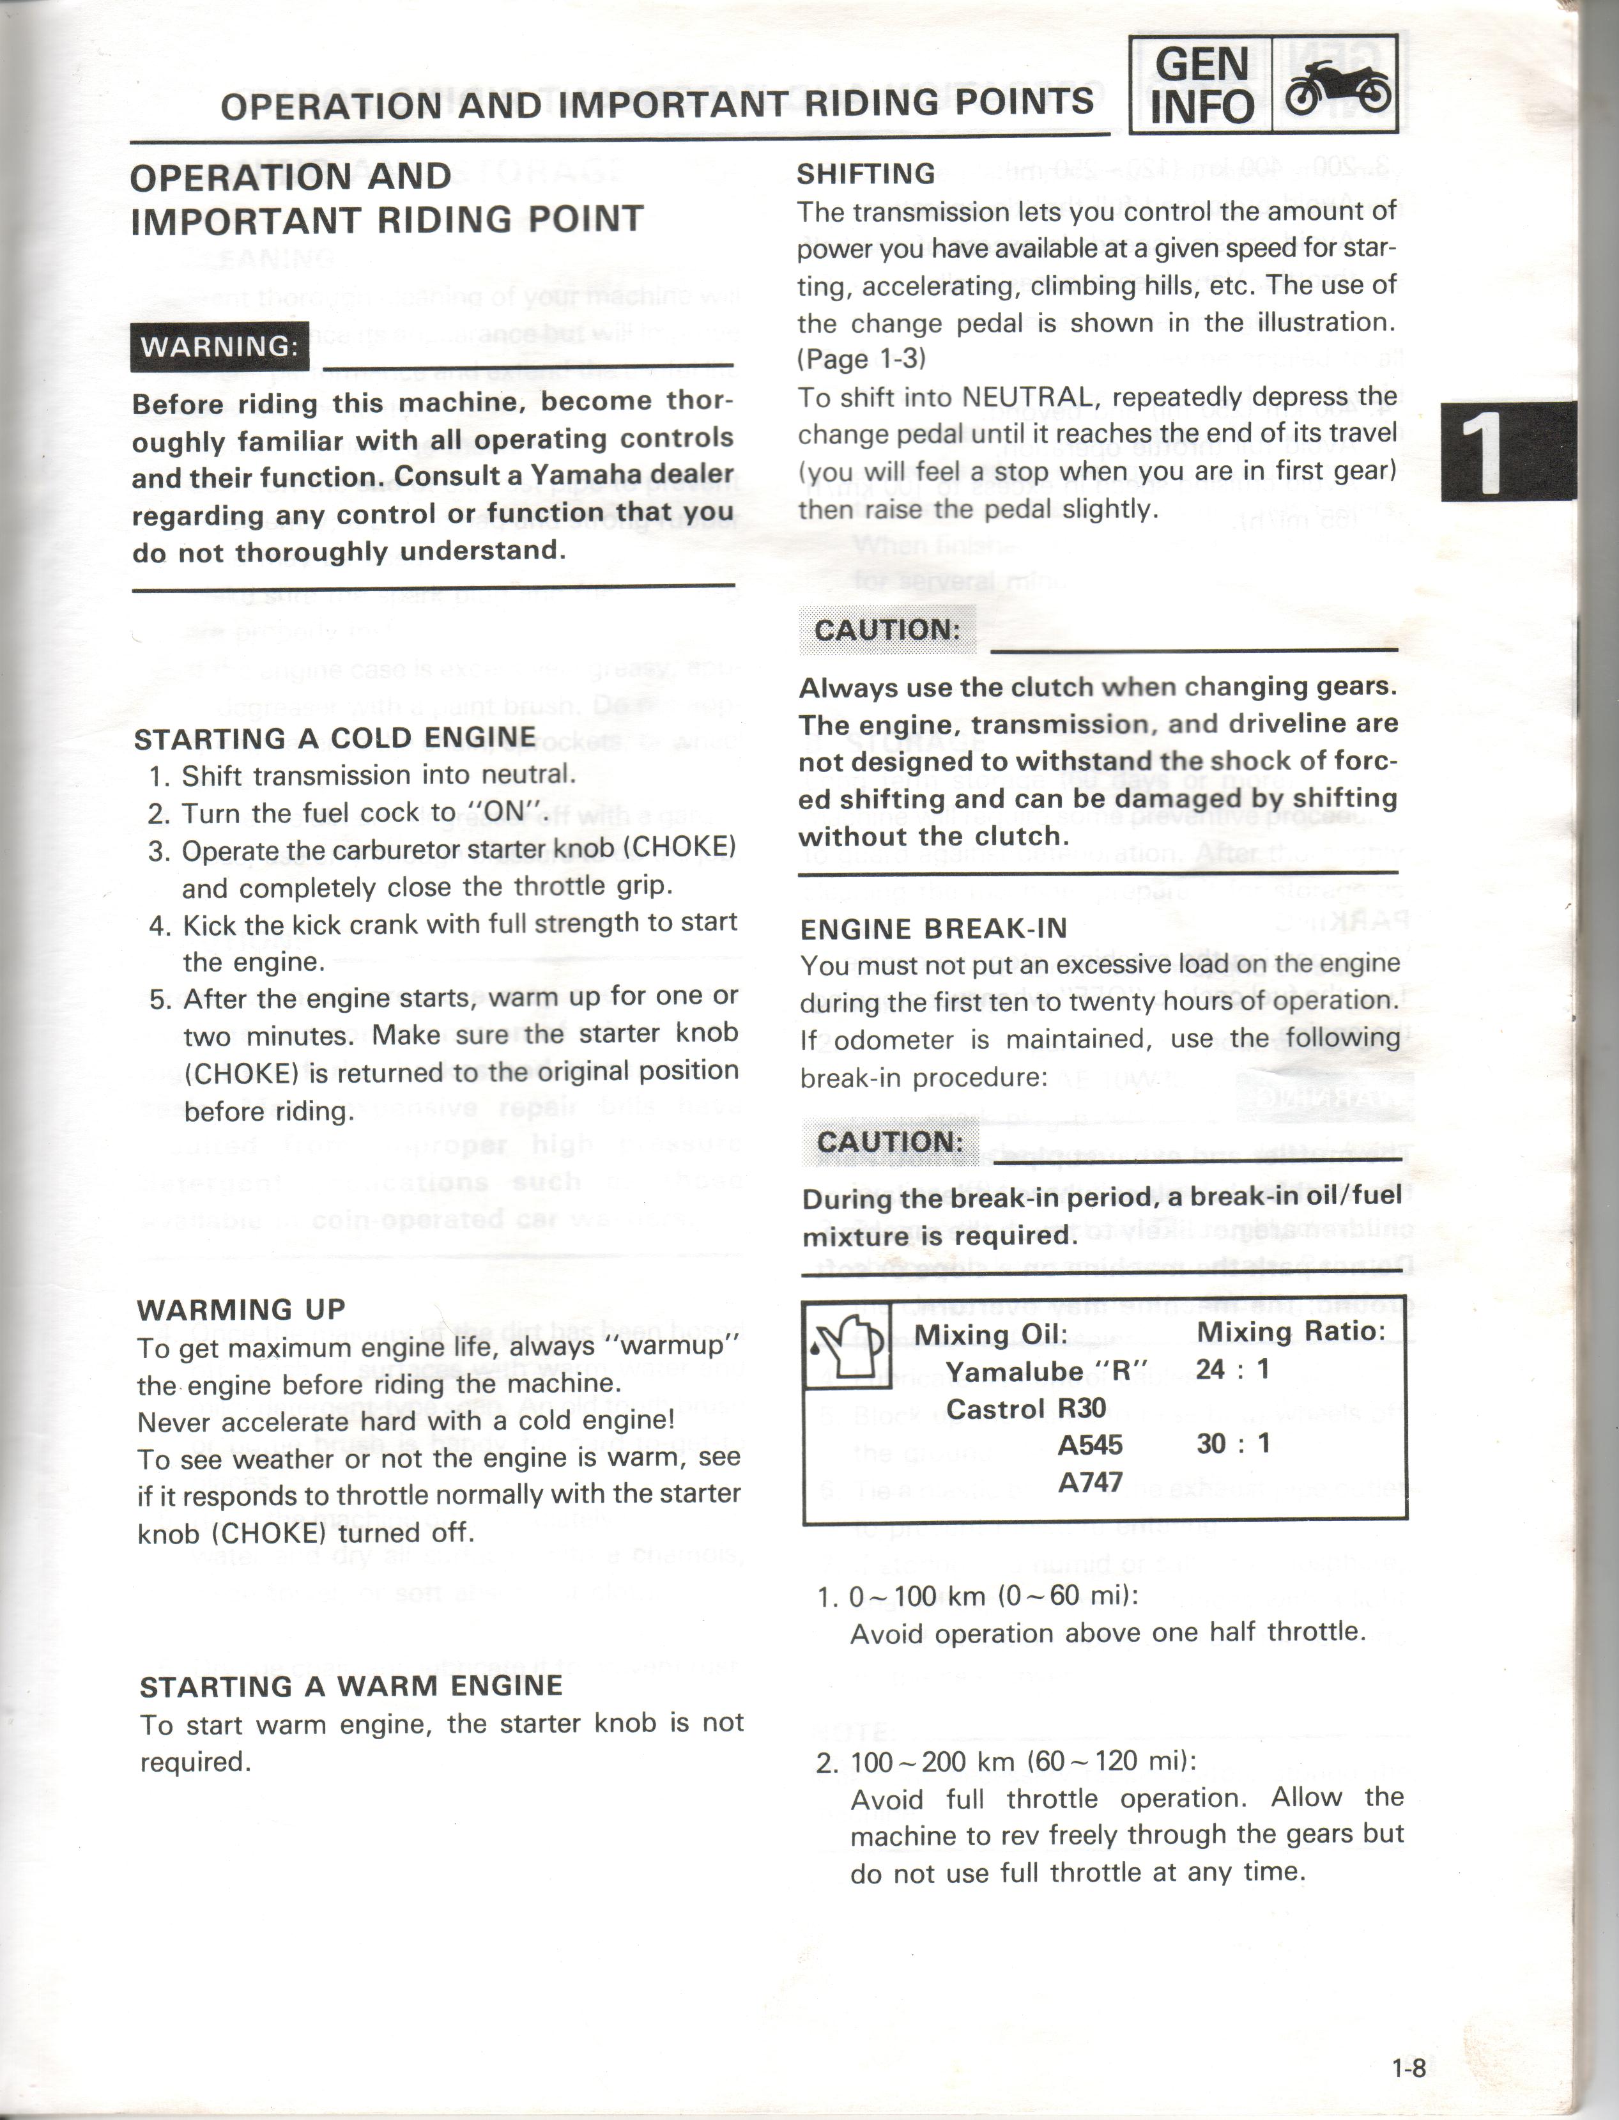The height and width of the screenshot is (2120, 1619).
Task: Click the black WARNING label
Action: pyautogui.click(x=220, y=346)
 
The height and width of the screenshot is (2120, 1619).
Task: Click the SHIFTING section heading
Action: pyautogui.click(x=865, y=174)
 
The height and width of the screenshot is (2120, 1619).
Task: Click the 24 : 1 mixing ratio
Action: pyautogui.click(x=1232, y=1369)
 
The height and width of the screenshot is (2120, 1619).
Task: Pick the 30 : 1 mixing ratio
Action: pyautogui.click(x=1232, y=1443)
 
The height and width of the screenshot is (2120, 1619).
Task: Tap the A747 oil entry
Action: pyautogui.click(x=1090, y=1481)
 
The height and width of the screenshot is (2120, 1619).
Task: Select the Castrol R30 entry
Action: pyautogui.click(x=1025, y=1409)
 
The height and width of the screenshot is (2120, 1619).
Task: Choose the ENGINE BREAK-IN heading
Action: pyautogui.click(x=933, y=929)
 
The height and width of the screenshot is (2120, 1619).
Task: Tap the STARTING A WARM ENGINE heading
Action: pyautogui.click(x=351, y=1686)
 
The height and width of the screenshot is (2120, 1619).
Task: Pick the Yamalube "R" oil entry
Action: pyautogui.click(x=1047, y=1371)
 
